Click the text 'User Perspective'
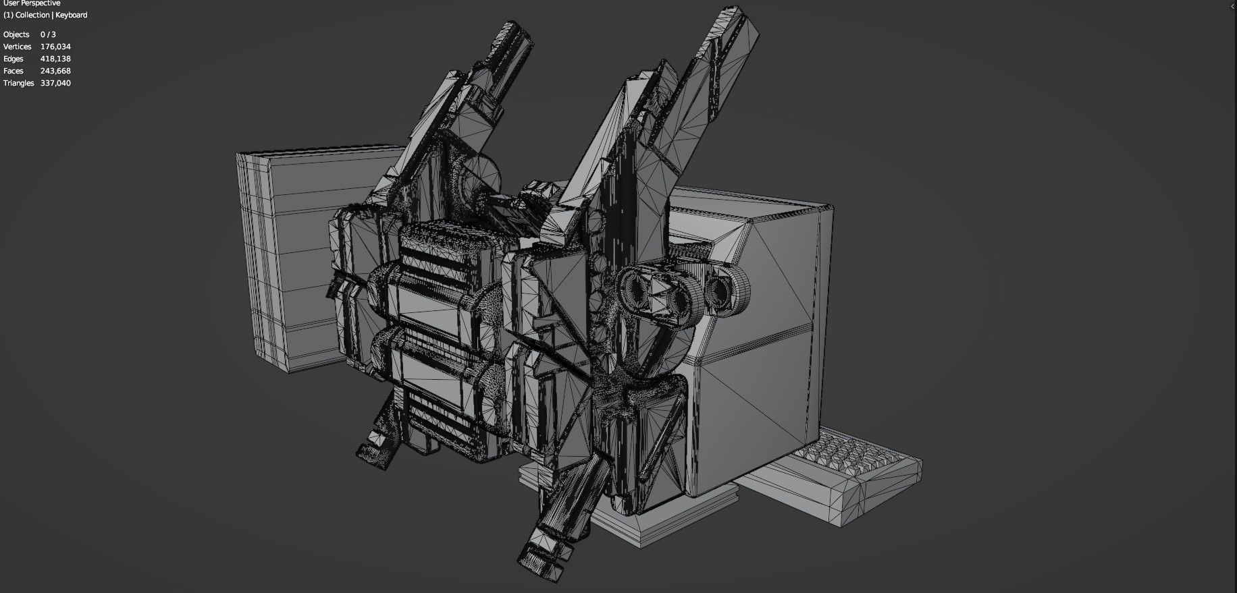32,3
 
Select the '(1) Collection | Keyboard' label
45,15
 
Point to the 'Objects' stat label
16,34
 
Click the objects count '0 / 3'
48,34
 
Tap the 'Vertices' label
18,47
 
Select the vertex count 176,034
55,47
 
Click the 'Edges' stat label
14,59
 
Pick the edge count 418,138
55,59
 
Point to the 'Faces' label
14,71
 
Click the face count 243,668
55,71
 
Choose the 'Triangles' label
18,83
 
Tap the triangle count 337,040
55,83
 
